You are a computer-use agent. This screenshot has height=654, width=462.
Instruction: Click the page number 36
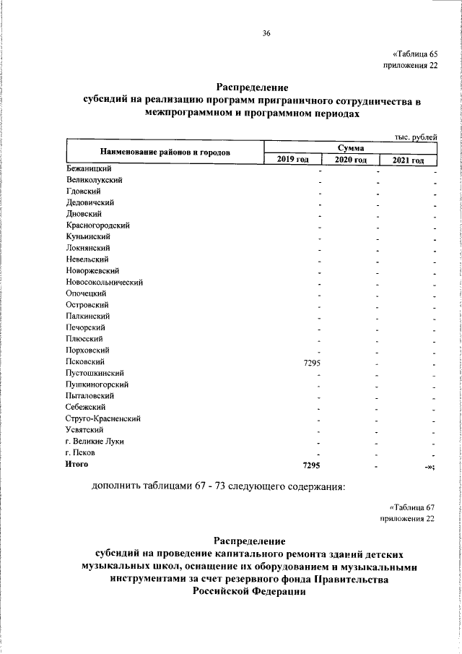click(266, 33)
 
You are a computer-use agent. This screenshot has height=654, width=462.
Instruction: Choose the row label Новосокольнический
click(104, 282)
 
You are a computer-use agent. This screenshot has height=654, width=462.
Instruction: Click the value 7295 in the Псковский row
click(312, 362)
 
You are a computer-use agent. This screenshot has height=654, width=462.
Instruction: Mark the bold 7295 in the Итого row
click(312, 465)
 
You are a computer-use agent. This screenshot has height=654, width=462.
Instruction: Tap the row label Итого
click(77, 465)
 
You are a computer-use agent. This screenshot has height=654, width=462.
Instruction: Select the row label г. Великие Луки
click(93, 441)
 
